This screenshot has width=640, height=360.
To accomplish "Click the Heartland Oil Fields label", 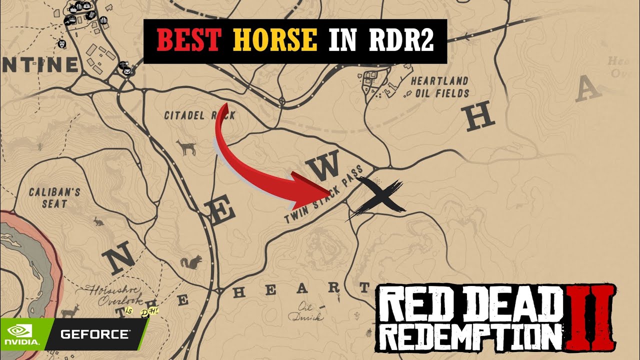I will click(x=439, y=86).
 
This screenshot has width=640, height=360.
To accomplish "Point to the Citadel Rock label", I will click(x=199, y=115).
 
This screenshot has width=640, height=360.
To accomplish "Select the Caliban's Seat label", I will click(x=48, y=197).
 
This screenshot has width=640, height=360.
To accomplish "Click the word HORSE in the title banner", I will click(x=274, y=41).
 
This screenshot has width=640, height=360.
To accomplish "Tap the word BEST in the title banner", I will click(x=188, y=41).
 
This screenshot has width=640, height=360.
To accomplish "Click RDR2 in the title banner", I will click(x=405, y=41).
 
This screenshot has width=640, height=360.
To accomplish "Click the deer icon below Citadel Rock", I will click(x=186, y=147).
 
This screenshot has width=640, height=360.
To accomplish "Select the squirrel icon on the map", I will click(x=192, y=262).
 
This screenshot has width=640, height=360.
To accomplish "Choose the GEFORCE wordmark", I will click(x=95, y=333).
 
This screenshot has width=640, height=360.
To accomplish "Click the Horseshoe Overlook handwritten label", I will click(x=112, y=295).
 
